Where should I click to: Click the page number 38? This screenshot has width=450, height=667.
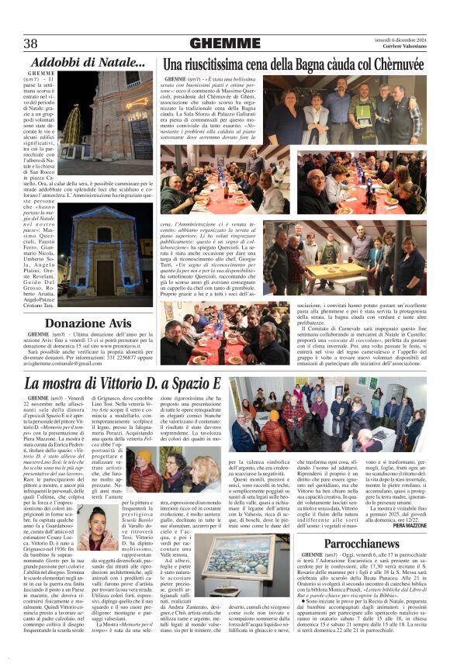32,43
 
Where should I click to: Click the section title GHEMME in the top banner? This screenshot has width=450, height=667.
225,43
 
